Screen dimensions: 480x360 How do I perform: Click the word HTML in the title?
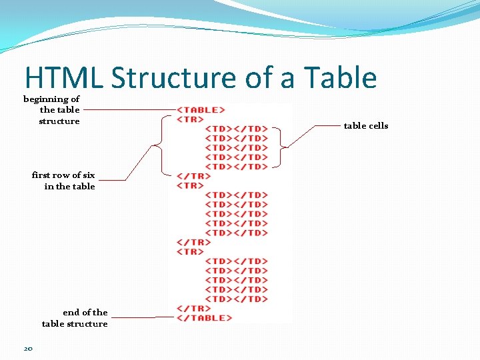[63, 78]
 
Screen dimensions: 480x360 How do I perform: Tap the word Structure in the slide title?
[174, 78]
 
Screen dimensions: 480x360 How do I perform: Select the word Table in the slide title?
[340, 78]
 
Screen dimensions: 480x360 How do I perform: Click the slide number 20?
[28, 348]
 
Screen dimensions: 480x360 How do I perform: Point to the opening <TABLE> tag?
[201, 110]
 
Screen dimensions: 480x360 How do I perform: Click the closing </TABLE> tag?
[204, 318]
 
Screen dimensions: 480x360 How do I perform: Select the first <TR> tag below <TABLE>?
[190, 119]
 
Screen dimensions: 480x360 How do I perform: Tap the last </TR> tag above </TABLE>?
[193, 308]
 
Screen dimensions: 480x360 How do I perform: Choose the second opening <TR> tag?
[190, 185]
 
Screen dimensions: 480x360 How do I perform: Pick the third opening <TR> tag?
[190, 251]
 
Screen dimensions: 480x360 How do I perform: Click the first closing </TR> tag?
[193, 176]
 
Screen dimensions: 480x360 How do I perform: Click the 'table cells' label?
[365, 126]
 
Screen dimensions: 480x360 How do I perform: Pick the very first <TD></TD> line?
[236, 129]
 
